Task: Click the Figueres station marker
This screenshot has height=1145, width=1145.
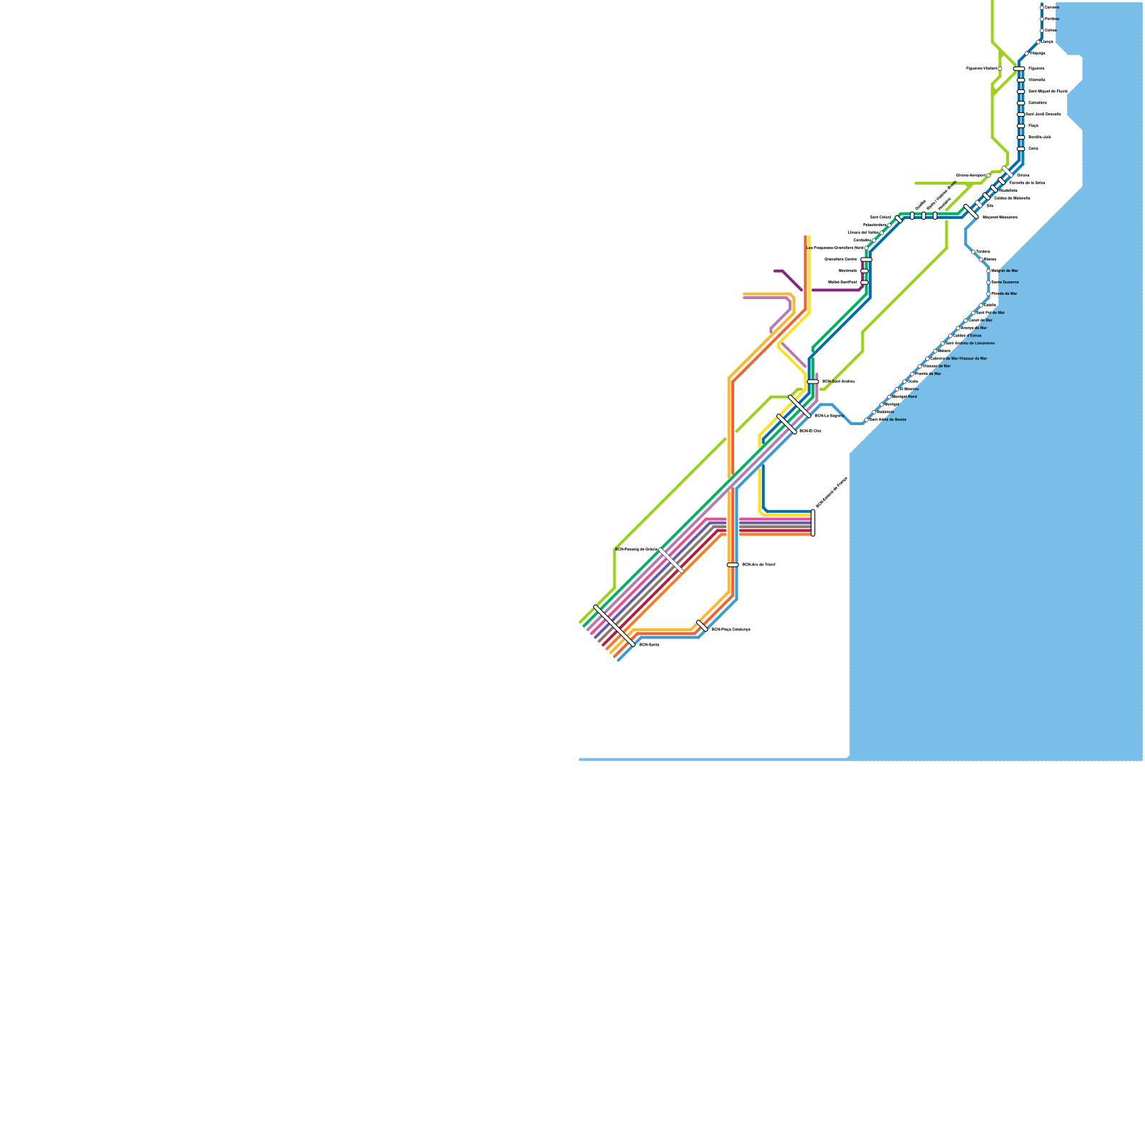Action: (1019, 69)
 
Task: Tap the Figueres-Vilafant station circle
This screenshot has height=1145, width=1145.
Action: (1000, 69)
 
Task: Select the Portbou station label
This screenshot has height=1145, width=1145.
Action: (1051, 19)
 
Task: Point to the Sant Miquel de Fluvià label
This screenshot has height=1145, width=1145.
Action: (1048, 92)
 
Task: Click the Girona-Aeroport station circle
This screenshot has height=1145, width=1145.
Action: (989, 175)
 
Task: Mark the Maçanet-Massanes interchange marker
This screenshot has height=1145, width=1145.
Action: (971, 211)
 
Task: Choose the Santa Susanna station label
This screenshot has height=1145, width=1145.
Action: (1005, 282)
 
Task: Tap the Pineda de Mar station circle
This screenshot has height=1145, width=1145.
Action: (989, 293)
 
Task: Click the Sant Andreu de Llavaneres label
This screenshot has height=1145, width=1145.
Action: (970, 343)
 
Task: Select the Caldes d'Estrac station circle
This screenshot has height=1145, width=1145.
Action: (950, 336)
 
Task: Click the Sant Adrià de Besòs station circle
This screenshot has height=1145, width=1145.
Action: (866, 420)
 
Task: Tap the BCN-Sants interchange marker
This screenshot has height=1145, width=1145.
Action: (614, 625)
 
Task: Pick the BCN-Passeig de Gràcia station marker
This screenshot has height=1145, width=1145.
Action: (671, 560)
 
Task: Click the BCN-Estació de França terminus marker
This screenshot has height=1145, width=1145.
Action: (813, 523)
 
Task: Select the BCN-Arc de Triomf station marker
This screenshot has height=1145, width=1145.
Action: (733, 565)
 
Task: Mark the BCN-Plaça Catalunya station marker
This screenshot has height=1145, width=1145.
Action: (702, 626)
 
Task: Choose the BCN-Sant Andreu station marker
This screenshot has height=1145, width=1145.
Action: (813, 381)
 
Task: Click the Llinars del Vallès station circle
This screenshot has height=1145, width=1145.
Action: (882, 233)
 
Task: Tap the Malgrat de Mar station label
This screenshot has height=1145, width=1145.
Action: (1005, 271)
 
